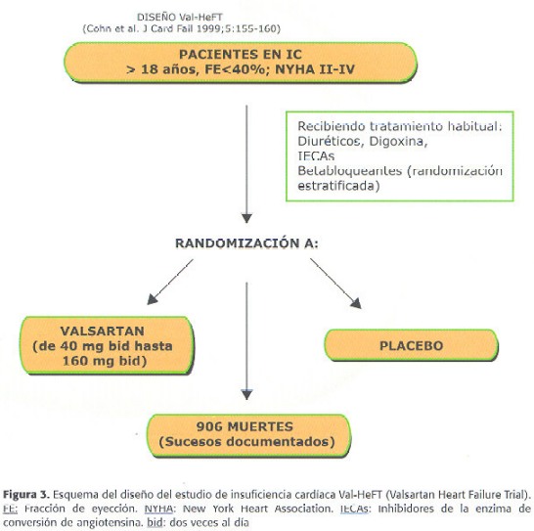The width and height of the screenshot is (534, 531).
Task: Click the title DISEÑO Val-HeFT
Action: tap(180, 17)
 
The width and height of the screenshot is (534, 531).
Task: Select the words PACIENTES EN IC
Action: tap(241, 55)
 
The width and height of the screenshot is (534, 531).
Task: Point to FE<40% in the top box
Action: tap(235, 69)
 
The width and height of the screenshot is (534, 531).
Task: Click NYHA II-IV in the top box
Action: tap(315, 69)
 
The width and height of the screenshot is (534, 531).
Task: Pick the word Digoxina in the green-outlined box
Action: tap(398, 142)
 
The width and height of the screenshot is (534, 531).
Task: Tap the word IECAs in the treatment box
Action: tap(316, 156)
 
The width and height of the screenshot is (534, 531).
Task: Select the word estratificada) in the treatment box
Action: tap(338, 186)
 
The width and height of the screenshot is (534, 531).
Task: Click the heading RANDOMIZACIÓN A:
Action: tap(246, 243)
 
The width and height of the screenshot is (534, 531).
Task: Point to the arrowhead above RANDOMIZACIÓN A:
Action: tap(246, 218)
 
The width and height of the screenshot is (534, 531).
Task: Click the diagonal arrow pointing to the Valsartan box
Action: tap(170, 282)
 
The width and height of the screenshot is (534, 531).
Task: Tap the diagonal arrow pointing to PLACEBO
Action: tap(335, 284)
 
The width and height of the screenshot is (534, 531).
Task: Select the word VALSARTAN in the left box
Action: tap(103, 332)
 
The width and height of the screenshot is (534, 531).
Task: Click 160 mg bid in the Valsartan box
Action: tap(105, 361)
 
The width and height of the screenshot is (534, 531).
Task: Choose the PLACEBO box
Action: tap(411, 345)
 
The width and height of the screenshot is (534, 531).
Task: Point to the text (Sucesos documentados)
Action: tap(246, 442)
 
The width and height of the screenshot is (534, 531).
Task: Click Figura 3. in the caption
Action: tap(26, 495)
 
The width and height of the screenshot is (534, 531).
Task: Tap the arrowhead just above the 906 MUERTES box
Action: tap(246, 395)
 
